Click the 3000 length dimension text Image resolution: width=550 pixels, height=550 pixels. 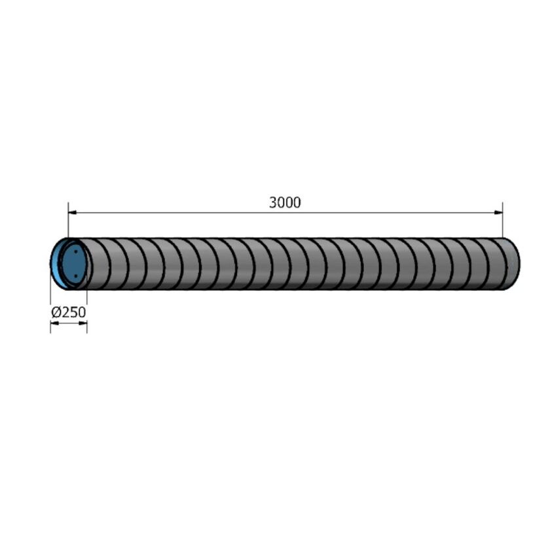pyautogui.click(x=285, y=203)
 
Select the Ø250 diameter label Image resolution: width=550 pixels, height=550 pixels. pyautogui.click(x=69, y=312)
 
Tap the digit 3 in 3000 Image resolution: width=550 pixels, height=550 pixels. pyautogui.click(x=273, y=203)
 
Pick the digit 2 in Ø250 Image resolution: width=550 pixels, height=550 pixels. pyautogui.click(x=65, y=312)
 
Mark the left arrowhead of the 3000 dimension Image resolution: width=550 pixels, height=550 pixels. pyautogui.click(x=72, y=213)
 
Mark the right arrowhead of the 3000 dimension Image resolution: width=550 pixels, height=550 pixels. pyautogui.click(x=498, y=213)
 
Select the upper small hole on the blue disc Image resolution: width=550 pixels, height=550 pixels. pyautogui.click(x=77, y=251)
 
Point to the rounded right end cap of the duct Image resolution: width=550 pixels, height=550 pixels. pyautogui.click(x=514, y=264)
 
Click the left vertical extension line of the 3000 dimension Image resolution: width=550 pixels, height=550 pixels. pyautogui.click(x=68, y=223)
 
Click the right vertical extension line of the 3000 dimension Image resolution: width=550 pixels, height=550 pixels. pyautogui.click(x=502, y=223)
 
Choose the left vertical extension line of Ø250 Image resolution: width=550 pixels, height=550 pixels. pyautogui.click(x=50, y=314)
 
